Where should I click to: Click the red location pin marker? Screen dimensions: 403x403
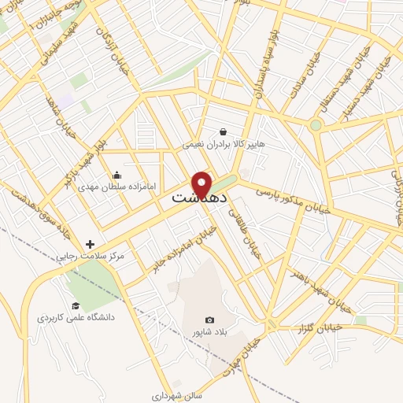click(202, 183)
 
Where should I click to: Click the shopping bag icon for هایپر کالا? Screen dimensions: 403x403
click(224, 131)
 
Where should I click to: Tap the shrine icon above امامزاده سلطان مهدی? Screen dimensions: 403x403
click(117, 175)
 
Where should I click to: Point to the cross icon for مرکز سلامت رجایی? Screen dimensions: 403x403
click(90, 244)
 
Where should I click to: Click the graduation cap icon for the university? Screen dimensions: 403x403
click(76, 305)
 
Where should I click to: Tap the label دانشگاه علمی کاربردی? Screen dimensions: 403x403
click(76, 317)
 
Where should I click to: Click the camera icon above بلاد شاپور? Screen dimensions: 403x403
click(209, 320)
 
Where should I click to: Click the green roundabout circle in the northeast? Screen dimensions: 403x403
click(316, 124)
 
